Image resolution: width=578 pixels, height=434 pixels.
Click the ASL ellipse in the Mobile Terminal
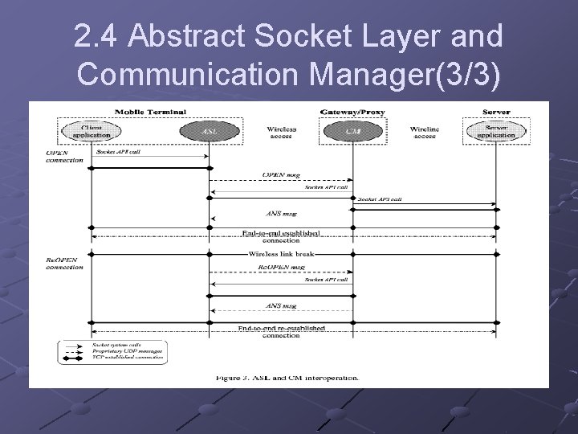(210, 131)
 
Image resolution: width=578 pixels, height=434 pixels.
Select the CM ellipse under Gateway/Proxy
(352, 131)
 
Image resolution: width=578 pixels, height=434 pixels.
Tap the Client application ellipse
(91, 131)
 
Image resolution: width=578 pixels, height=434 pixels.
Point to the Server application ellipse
(495, 131)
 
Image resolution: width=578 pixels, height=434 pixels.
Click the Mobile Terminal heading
(150, 111)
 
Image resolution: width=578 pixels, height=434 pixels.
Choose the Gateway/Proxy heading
(352, 111)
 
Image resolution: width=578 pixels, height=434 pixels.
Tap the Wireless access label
(281, 133)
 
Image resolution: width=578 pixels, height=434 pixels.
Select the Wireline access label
(424, 133)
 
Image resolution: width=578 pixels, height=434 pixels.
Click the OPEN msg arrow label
(281, 174)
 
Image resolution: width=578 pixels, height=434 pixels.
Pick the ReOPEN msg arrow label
(281, 266)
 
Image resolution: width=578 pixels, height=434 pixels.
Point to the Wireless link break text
(281, 253)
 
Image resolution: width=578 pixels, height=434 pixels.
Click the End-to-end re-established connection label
(281, 331)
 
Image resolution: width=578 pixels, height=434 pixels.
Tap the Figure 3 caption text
(287, 377)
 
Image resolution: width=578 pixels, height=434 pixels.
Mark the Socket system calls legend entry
(128, 344)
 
